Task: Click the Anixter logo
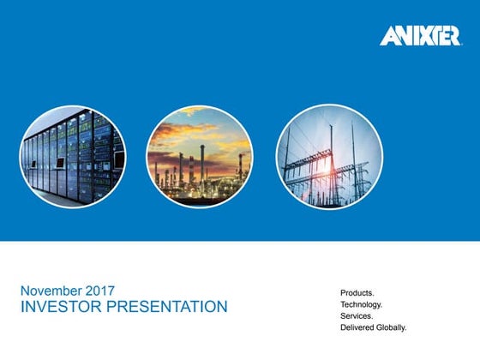point(418,36)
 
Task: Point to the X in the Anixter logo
point(423,36)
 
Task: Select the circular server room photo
point(73,157)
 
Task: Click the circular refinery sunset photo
point(199,157)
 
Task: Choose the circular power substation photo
point(328,157)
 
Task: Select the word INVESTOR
point(57,307)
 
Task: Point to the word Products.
point(357,292)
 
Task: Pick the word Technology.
point(361,304)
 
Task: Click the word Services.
point(357,316)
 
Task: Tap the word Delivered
point(358,328)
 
